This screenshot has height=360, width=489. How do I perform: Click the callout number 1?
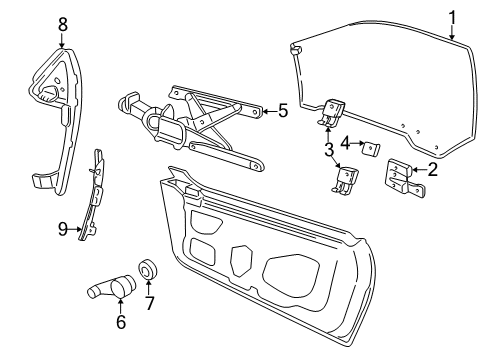coord(451,16)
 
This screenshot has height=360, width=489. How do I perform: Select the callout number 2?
coord(431,169)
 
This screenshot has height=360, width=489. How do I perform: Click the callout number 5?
coord(282,111)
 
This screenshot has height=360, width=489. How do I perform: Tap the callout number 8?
coord(62,22)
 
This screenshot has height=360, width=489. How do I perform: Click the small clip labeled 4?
coord(369,148)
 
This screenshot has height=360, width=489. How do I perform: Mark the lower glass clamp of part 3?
coord(346,179)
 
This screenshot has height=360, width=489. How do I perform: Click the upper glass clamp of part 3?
coord(333,114)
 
